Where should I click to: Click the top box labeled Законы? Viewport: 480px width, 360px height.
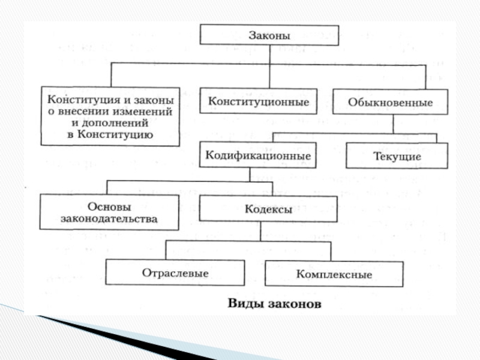point(269,35)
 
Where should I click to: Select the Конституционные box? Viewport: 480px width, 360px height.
point(259,102)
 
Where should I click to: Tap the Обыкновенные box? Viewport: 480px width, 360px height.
point(391,103)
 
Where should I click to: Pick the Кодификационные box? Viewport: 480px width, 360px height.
point(258,155)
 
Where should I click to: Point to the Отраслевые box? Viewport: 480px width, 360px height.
point(175,273)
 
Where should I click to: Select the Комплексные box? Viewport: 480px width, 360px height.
point(334,274)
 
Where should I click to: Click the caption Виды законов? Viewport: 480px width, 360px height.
point(274,304)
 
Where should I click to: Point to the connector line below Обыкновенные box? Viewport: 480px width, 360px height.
point(393,124)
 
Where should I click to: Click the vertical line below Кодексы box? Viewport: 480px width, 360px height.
point(260,231)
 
